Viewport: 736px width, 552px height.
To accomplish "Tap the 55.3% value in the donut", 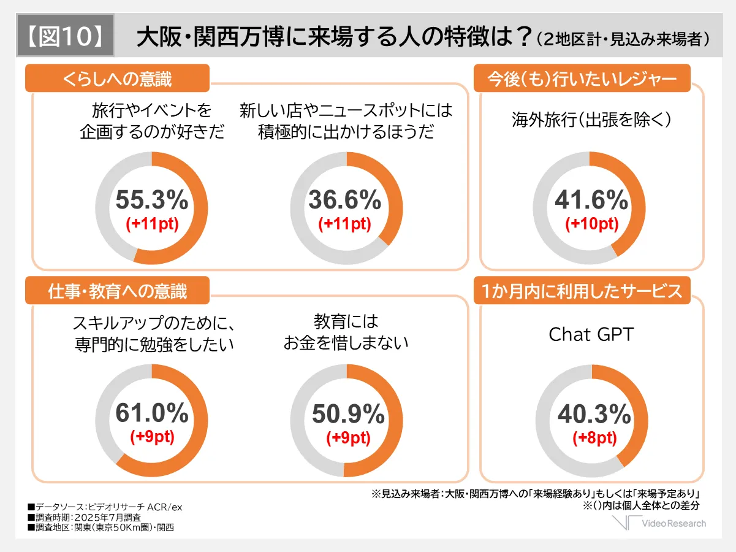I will [x=152, y=200].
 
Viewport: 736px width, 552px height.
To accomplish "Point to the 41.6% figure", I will [x=591, y=200].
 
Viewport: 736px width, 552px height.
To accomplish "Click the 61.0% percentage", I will [x=152, y=414].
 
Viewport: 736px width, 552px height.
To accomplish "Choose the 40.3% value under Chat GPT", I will [x=594, y=415].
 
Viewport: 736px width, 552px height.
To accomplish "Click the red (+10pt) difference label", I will [x=591, y=224].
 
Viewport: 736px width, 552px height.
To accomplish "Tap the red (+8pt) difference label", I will [x=594, y=439].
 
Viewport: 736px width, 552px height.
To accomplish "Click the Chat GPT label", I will [x=591, y=335].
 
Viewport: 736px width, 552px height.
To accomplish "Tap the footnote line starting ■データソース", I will [x=105, y=507].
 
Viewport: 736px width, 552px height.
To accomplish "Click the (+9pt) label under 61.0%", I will [x=152, y=437].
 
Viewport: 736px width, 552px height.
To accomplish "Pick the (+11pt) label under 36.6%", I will [x=344, y=224].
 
